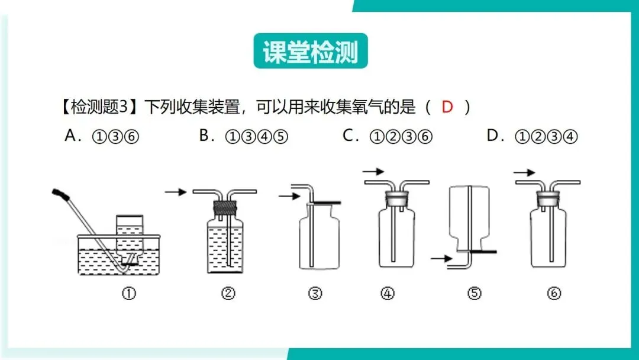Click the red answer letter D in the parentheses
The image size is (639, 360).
(447, 107)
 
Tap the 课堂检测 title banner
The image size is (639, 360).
(311, 51)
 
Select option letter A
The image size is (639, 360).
(70, 135)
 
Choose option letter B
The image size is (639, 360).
(204, 135)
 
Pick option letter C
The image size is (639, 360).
(348, 135)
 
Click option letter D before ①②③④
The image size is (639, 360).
(492, 135)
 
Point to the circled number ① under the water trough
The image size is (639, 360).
(129, 293)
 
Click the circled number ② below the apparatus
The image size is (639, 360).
(228, 293)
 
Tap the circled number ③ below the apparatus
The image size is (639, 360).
(315, 293)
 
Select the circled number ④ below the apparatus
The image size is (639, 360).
(388, 293)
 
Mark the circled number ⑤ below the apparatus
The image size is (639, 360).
(475, 293)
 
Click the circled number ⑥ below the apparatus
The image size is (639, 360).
(554, 293)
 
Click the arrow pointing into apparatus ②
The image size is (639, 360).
(176, 192)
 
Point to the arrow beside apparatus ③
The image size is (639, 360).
(289, 197)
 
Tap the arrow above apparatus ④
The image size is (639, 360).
(374, 172)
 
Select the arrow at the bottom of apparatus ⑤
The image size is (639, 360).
(442, 258)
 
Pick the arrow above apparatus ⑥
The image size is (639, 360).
(524, 172)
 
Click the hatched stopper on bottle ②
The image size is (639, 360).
(225, 208)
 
